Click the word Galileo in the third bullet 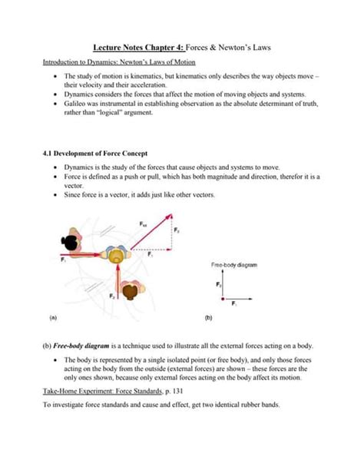[76, 101]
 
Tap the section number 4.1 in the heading [48, 153]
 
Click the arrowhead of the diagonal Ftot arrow [169, 217]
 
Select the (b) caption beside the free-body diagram [208, 316]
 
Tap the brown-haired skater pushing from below [128, 290]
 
